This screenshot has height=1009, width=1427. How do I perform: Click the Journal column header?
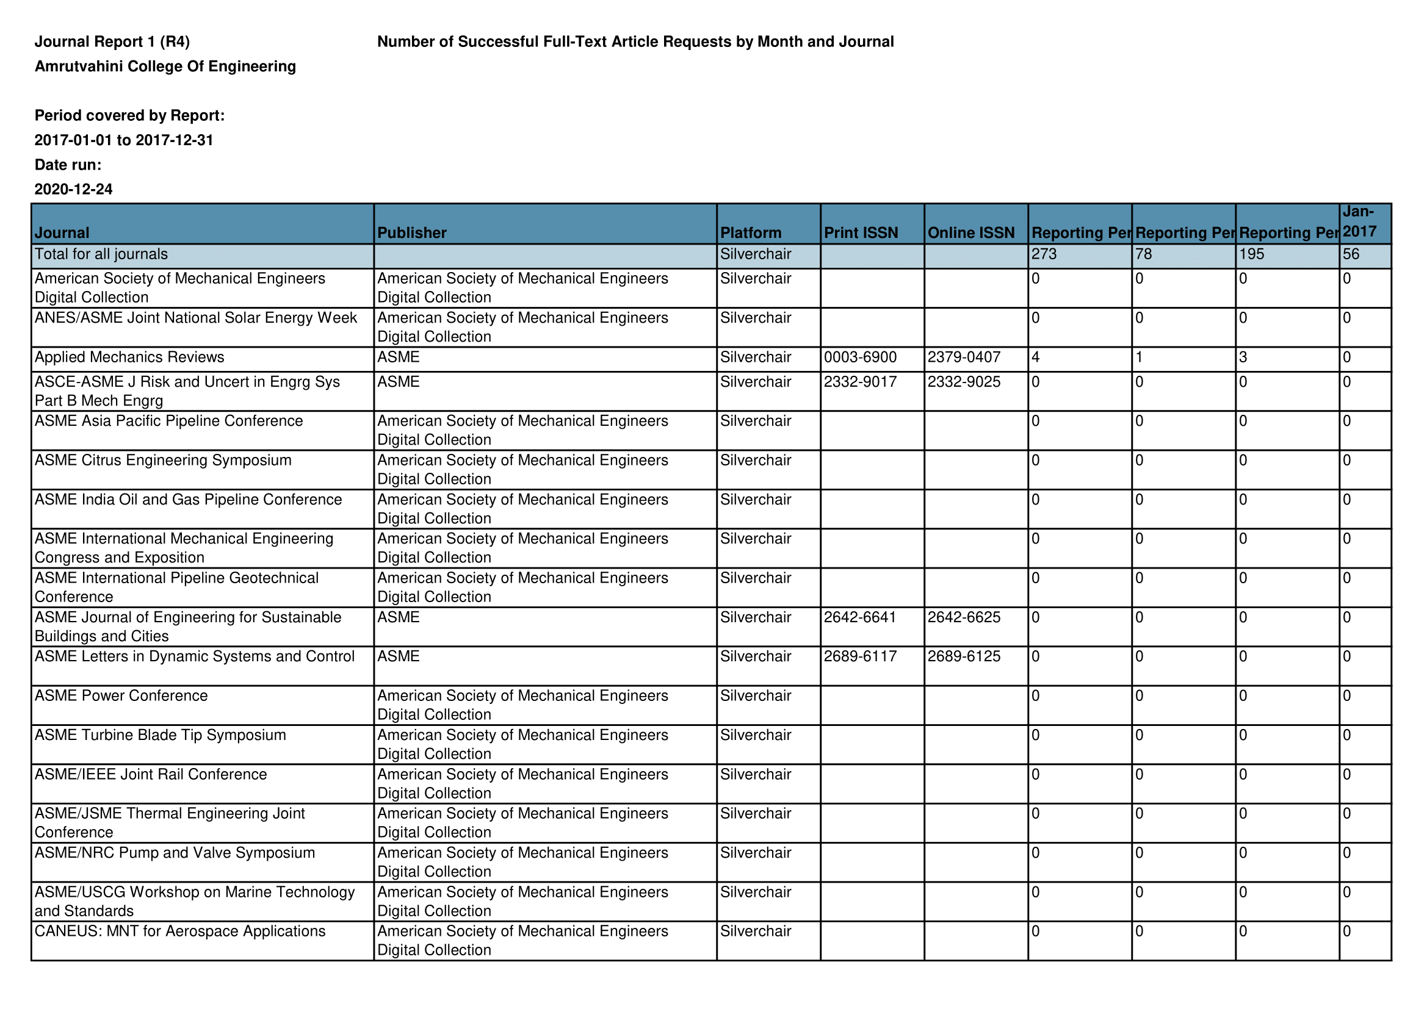pos(62,233)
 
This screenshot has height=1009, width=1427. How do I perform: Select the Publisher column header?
pos(412,233)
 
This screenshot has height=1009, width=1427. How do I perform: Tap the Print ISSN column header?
pos(861,233)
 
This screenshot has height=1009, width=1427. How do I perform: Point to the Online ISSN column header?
pos(971,233)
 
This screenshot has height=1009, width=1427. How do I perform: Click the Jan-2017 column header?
pos(1359,222)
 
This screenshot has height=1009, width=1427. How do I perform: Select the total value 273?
pos(1044,254)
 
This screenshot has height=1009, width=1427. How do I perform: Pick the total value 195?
pos(1251,254)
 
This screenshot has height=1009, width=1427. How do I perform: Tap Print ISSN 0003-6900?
pos(860,357)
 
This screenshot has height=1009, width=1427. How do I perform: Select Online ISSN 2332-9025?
pos(964,381)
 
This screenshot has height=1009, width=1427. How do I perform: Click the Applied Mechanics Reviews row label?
pos(129,357)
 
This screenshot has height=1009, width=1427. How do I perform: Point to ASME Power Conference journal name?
pos(121,695)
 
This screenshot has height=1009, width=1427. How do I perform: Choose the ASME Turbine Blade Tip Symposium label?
pos(161,735)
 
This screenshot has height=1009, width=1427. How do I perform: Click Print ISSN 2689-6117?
pos(860,656)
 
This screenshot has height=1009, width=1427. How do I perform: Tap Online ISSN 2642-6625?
pos(964,617)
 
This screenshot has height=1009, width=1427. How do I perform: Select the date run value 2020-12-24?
pos(73,190)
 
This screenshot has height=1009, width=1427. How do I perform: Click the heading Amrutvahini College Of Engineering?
pos(165,66)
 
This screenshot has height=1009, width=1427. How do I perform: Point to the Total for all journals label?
pos(101,254)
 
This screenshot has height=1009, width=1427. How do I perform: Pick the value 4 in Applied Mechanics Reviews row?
pos(1035,357)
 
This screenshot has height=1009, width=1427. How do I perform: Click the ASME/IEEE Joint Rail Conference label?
pos(150,774)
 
